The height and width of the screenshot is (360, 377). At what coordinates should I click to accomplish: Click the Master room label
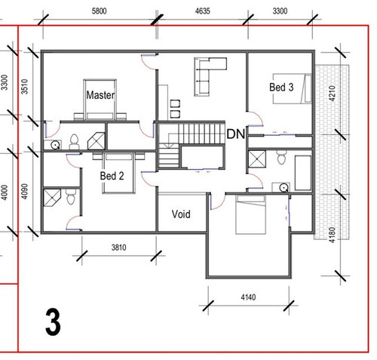pyautogui.click(x=100, y=95)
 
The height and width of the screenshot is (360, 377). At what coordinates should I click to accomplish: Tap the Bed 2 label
pyautogui.click(x=112, y=176)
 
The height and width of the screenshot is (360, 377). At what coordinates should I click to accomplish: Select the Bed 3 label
pyautogui.click(x=281, y=88)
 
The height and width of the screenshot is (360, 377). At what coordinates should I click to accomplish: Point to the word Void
pyautogui.click(x=181, y=214)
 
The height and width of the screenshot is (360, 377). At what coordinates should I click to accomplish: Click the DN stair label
pyautogui.click(x=236, y=134)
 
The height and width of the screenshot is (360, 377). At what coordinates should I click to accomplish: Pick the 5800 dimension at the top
pyautogui.click(x=99, y=11)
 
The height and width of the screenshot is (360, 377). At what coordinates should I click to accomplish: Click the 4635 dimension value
pyautogui.click(x=202, y=11)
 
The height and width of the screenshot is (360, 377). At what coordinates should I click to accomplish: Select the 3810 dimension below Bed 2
pyautogui.click(x=118, y=248)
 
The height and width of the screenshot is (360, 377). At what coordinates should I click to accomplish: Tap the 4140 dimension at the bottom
pyautogui.click(x=248, y=297)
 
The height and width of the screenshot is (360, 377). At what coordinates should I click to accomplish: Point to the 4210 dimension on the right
pyautogui.click(x=332, y=94)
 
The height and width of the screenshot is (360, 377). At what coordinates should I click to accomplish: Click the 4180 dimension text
pyautogui.click(x=332, y=235)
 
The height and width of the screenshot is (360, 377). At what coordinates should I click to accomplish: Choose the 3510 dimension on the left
pyautogui.click(x=24, y=87)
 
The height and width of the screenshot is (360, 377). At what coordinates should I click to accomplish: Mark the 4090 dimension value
pyautogui.click(x=24, y=192)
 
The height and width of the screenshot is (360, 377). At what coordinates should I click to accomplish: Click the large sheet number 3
pyautogui.click(x=53, y=322)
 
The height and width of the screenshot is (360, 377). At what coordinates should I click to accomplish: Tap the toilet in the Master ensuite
pyautogui.click(x=74, y=142)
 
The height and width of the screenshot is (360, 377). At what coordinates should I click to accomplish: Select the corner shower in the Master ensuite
pyautogui.click(x=96, y=141)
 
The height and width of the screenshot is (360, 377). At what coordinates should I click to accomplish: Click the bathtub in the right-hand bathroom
pyautogui.click(x=303, y=173)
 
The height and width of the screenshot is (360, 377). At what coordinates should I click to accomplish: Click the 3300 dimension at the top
pyautogui.click(x=280, y=11)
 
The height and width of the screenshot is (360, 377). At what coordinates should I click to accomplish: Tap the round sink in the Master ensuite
pyautogui.click(x=55, y=145)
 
